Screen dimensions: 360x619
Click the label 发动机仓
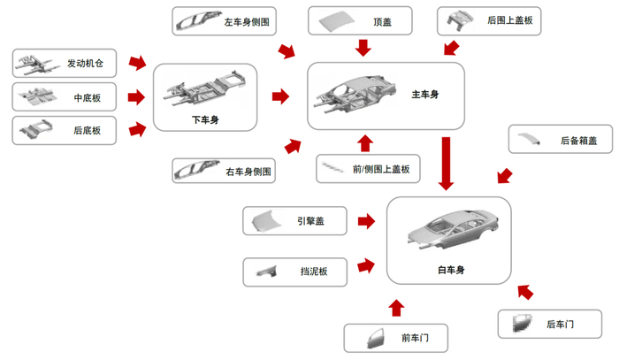[x=85, y=64]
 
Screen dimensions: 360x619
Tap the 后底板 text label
[x=87, y=131]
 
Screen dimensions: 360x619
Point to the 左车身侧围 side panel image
[x=199, y=19]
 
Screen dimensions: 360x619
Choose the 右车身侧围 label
[x=248, y=170]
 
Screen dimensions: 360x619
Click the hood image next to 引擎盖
[x=268, y=220]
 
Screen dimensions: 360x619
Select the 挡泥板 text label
[x=313, y=272]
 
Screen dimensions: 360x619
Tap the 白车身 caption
[x=450, y=270]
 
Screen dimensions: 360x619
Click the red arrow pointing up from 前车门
[x=395, y=307]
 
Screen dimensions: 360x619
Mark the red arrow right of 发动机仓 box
[x=137, y=63]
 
